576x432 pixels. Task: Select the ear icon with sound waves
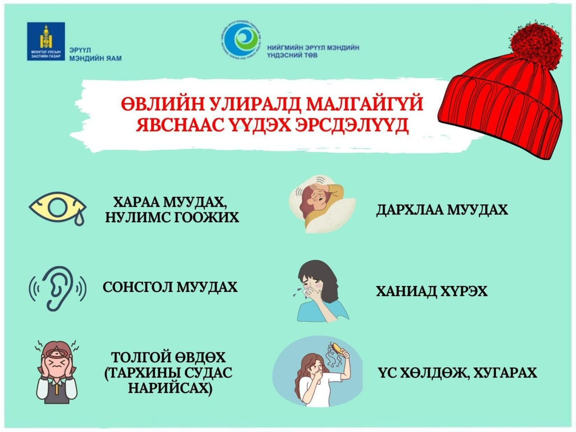click(57, 287)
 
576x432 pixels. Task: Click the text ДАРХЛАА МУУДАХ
click(441, 210)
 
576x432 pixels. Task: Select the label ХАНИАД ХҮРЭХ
click(432, 291)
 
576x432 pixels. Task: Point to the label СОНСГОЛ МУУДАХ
click(170, 287)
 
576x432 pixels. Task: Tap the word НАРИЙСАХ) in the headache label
click(169, 389)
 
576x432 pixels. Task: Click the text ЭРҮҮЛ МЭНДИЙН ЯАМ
click(95, 55)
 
